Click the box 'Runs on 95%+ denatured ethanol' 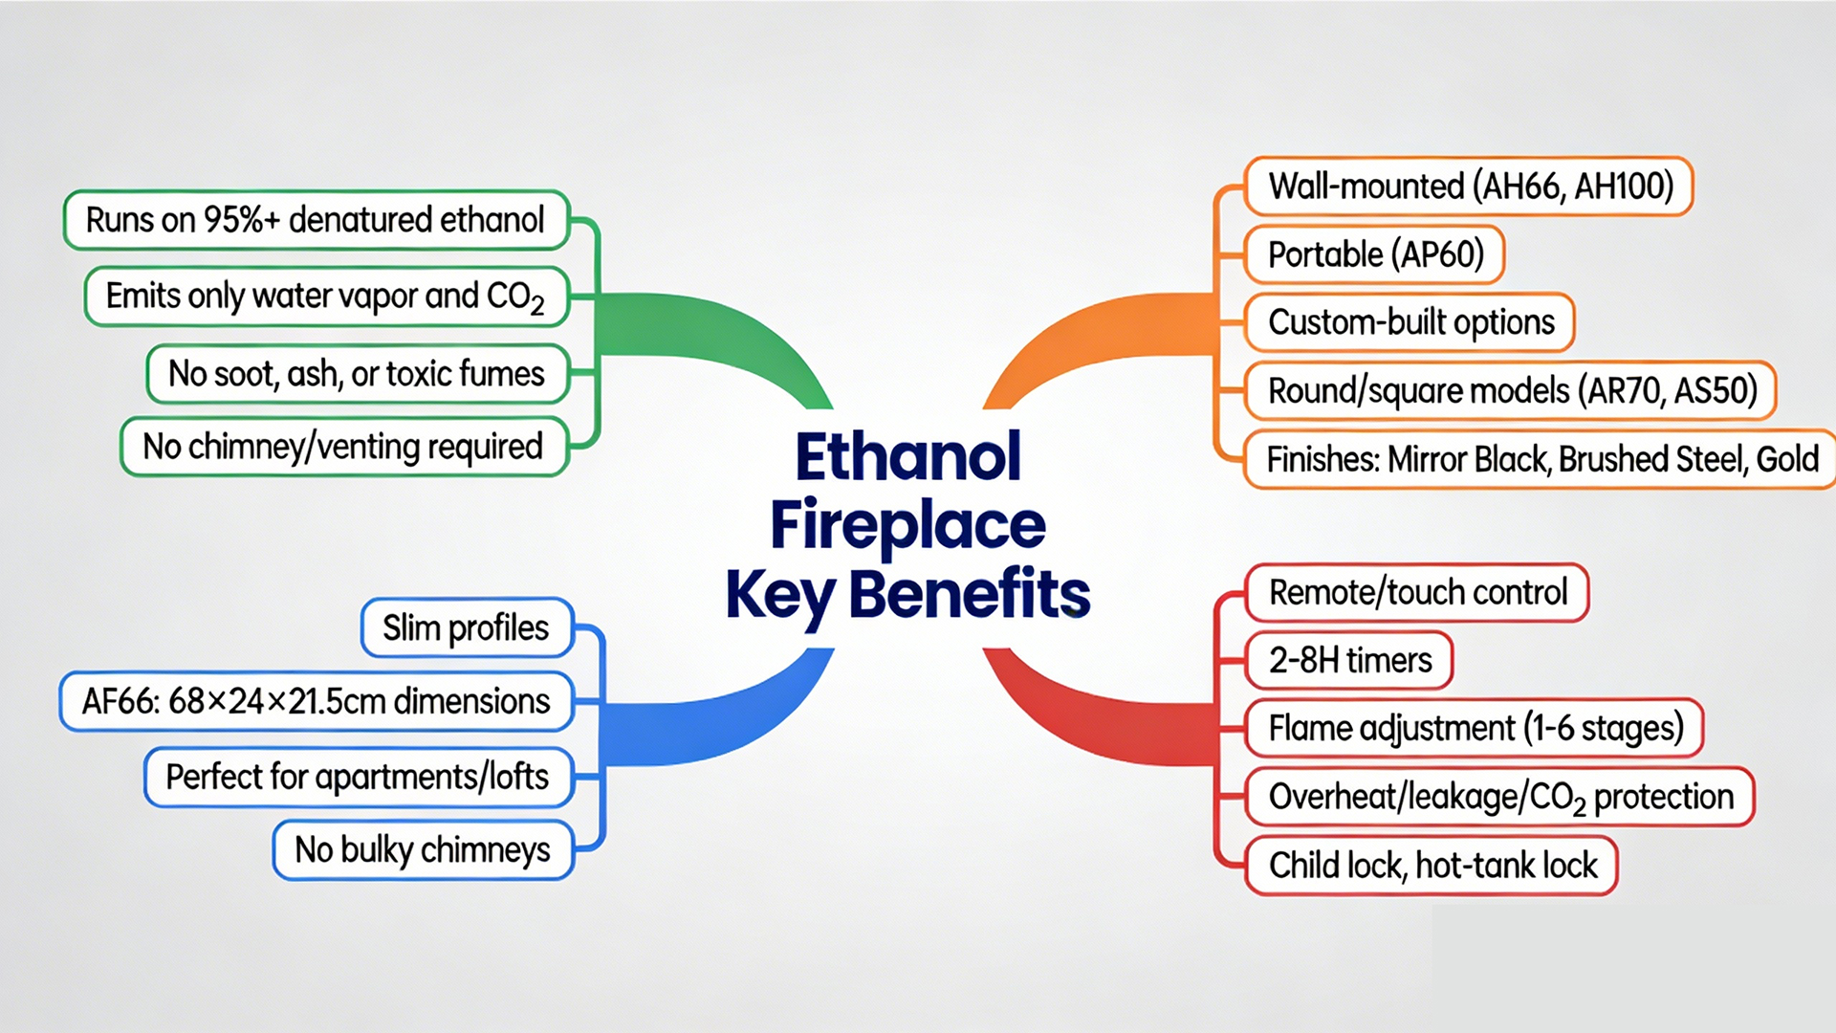point(317,220)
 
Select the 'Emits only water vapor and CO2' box point(326,297)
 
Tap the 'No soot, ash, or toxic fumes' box point(358,373)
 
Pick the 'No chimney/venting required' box point(344,447)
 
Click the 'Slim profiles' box point(468,628)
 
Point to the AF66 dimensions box point(317,701)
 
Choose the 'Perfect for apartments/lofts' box point(359,777)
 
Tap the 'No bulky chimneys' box point(423,849)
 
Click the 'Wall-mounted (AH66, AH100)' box point(1469,187)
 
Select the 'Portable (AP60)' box point(1374,254)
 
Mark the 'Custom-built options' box point(1410,322)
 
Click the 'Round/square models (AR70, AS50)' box point(1511,390)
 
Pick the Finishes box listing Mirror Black point(1540,459)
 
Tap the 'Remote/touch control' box point(1417,593)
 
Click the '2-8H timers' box point(1349,660)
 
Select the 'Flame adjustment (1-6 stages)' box point(1475,728)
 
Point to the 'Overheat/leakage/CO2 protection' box point(1499,797)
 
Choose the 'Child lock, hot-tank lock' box point(1432,866)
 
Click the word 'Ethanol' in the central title point(908,456)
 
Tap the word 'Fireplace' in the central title point(908,526)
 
